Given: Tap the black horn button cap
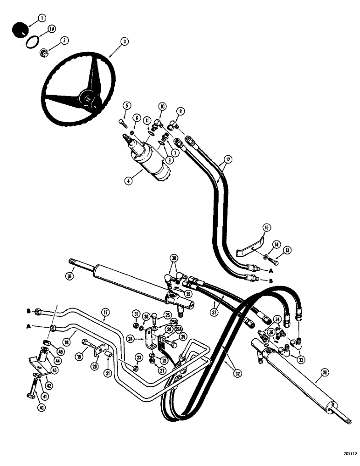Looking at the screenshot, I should point(19,29).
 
